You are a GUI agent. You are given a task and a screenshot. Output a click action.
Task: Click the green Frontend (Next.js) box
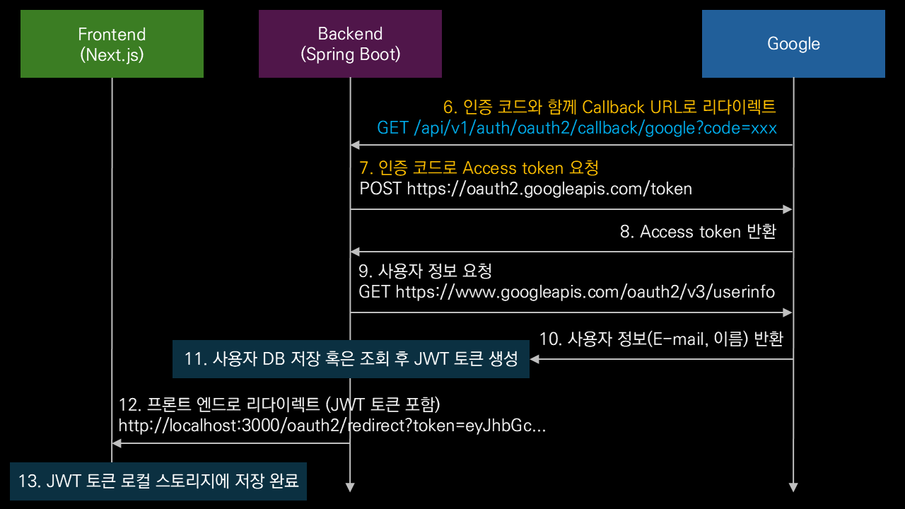112,44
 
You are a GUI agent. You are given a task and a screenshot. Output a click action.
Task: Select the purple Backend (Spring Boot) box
350,44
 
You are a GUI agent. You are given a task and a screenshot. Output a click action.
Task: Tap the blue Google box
793,44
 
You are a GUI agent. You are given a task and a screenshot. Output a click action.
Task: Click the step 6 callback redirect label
609,107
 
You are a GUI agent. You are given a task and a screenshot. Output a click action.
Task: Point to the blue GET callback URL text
577,128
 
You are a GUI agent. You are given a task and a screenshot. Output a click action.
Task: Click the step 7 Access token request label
479,168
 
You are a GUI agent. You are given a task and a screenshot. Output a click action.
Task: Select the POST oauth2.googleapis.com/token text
525,189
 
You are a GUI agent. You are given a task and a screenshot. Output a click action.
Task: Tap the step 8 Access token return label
698,232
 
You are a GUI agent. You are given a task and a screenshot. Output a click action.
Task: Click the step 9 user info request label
425,271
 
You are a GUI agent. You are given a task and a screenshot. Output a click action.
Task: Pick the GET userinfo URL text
566,292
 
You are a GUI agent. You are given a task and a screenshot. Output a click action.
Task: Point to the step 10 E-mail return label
661,339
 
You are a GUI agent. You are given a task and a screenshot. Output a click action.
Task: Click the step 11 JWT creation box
351,359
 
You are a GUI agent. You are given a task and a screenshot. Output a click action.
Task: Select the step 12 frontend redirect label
279,405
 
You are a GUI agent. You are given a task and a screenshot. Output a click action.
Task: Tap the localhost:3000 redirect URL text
332,426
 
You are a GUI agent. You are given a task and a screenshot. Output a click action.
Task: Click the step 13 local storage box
158,481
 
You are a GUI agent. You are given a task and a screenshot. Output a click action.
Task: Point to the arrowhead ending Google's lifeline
793,487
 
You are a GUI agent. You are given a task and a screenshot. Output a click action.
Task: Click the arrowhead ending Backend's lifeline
350,487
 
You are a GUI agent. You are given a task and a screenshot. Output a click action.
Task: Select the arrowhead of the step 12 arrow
117,443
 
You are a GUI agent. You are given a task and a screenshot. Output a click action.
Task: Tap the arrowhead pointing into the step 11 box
535,359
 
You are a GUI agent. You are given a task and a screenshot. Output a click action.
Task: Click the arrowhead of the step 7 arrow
788,209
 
